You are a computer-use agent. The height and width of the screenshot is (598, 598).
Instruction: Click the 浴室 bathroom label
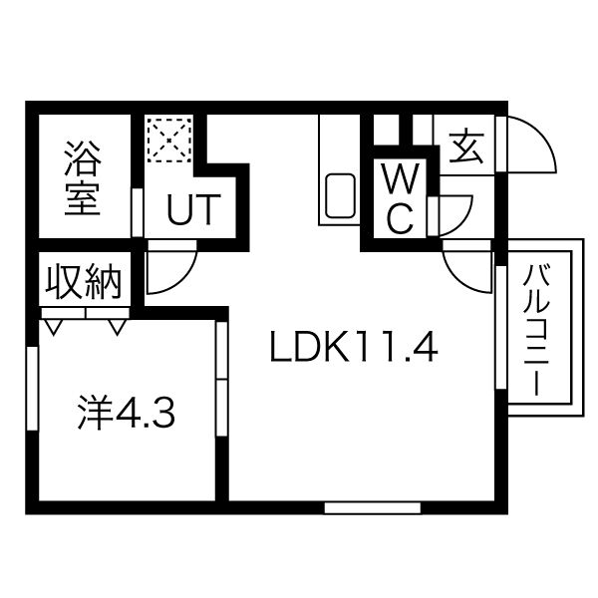83,177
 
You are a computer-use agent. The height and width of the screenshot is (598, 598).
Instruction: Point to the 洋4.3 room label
127,412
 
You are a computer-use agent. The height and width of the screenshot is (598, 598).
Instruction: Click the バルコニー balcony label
538,328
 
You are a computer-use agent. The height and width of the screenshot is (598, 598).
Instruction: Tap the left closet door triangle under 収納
54,326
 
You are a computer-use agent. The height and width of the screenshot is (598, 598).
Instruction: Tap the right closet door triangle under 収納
118,326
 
